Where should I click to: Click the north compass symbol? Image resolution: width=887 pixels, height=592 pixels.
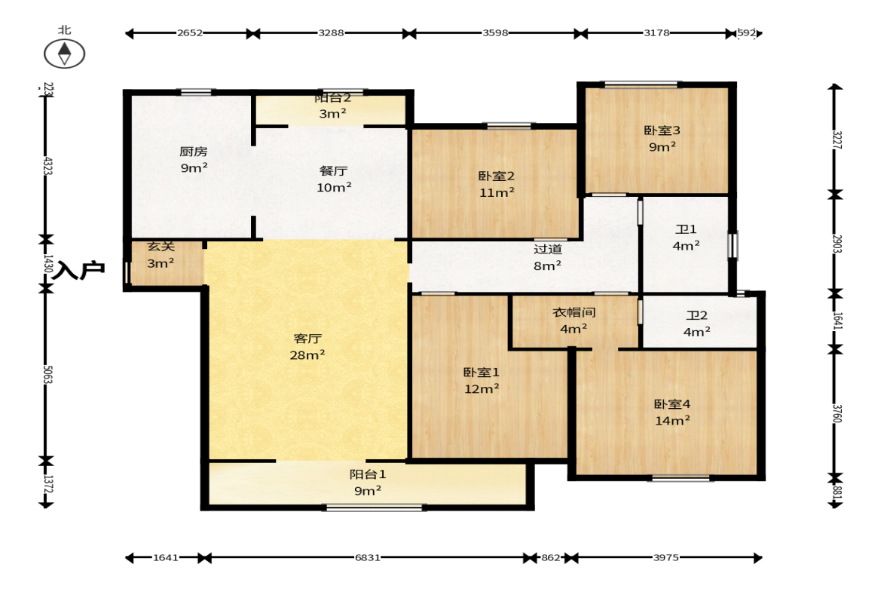(x=65, y=54)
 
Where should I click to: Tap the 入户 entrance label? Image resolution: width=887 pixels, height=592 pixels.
(x=78, y=271)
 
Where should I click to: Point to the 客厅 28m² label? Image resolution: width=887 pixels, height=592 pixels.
(x=307, y=346)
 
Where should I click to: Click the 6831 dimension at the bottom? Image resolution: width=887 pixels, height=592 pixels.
(x=368, y=558)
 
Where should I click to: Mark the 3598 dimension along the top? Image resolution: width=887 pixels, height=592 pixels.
(x=495, y=33)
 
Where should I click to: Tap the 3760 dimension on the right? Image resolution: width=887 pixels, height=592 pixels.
(x=835, y=413)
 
